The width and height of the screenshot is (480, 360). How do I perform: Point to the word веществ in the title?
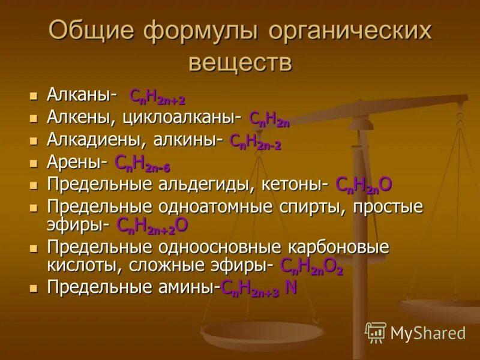[x=240, y=62]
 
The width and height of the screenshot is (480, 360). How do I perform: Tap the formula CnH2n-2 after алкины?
[x=255, y=142]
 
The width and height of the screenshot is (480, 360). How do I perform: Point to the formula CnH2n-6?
[x=142, y=164]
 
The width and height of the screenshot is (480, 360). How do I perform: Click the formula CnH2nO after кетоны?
[x=364, y=185]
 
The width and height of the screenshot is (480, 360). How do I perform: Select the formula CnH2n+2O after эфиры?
[x=153, y=226]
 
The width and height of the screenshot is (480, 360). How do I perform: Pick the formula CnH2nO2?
[x=311, y=267]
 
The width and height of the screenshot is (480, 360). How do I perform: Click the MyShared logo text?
[x=427, y=333]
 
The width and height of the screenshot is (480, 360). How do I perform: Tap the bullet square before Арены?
[x=34, y=163]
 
